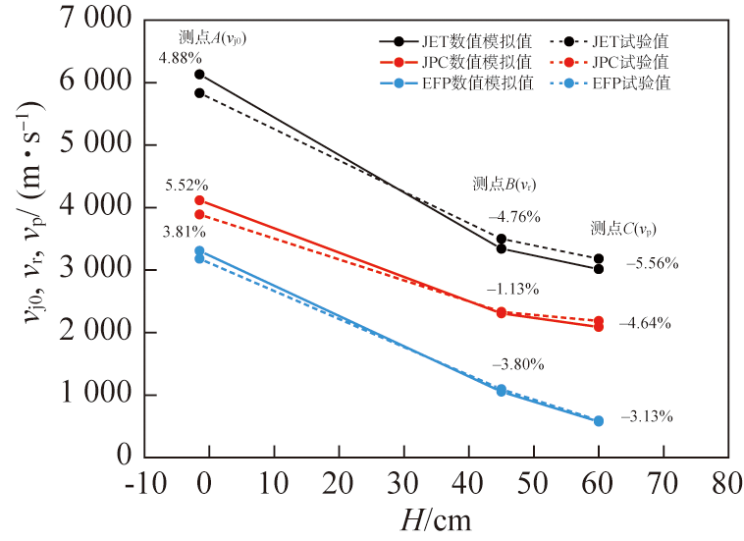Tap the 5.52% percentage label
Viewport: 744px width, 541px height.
click(x=186, y=185)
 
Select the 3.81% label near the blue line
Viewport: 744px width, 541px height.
click(x=184, y=233)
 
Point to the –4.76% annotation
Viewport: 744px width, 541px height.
click(x=514, y=216)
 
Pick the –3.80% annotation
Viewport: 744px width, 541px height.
click(x=517, y=364)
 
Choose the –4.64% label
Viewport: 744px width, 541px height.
click(x=645, y=323)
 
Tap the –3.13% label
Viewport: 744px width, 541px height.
click(x=646, y=416)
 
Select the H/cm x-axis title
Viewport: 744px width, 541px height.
click(x=436, y=518)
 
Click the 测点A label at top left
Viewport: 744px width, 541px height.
click(x=212, y=37)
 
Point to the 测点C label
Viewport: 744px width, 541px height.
click(x=623, y=229)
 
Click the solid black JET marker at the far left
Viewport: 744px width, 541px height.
click(x=199, y=74)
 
